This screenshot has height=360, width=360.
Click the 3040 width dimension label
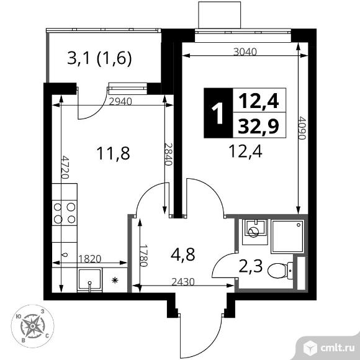[245, 52]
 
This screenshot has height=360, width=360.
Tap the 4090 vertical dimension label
[302, 128]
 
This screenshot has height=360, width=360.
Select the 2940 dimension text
[120, 101]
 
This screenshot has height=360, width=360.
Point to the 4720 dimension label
[65, 168]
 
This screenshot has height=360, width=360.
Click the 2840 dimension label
[168, 155]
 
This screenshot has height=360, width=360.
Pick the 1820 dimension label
[90, 259]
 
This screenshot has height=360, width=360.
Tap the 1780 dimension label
[143, 256]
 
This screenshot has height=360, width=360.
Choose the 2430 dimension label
[183, 282]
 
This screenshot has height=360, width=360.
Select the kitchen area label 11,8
[114, 153]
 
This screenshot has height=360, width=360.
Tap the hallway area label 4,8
[182, 254]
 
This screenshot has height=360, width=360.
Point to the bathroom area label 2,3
[251, 266]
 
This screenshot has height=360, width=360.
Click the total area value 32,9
[259, 126]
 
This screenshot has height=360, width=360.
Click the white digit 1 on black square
[217, 113]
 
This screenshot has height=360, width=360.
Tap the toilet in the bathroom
[280, 271]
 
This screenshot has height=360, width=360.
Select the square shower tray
[287, 236]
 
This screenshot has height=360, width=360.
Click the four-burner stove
[65, 213]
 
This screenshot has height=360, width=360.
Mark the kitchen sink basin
[90, 280]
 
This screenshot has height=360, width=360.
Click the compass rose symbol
[33, 326]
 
